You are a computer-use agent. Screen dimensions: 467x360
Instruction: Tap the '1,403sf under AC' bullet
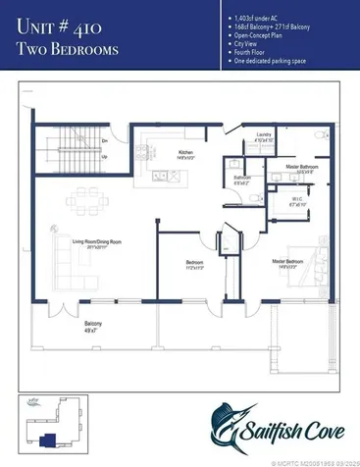[256, 17]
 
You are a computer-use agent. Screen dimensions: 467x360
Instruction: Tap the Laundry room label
[263, 134]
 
